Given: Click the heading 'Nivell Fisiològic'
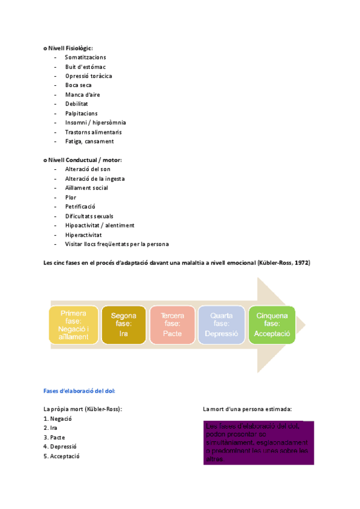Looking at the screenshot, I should (x=70, y=47).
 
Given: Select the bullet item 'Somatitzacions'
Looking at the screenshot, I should (x=86, y=57).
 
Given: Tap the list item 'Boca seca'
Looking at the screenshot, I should (x=79, y=85).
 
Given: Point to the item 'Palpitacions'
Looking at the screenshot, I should (x=81, y=113).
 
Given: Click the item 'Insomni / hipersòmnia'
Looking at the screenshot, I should (x=95, y=122).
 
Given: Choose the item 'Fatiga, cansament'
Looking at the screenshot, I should (x=89, y=141).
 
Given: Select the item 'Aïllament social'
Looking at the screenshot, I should (x=86, y=188).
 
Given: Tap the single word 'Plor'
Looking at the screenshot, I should (x=71, y=197).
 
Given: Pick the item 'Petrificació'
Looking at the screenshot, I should (x=80, y=206).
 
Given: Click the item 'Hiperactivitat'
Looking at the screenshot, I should (x=83, y=235).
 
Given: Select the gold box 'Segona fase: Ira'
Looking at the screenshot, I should (x=124, y=325).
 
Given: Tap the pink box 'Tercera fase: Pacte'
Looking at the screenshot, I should (x=172, y=325).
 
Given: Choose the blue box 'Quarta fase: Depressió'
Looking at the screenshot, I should (x=221, y=325).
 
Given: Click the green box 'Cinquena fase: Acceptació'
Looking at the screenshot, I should (x=272, y=325).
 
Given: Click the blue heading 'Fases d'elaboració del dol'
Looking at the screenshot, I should (x=79, y=390).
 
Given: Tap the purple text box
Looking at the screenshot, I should (x=258, y=443).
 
